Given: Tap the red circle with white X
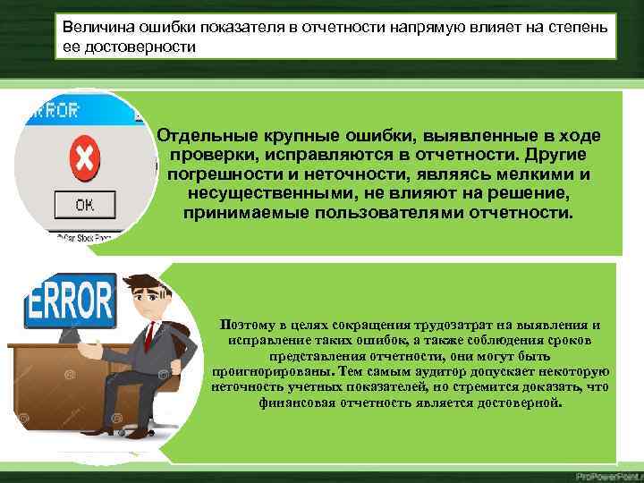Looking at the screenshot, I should coord(84,158).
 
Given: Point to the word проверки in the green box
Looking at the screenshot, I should coord(208,154).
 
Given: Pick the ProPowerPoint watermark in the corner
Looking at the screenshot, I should coord(606,475).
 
